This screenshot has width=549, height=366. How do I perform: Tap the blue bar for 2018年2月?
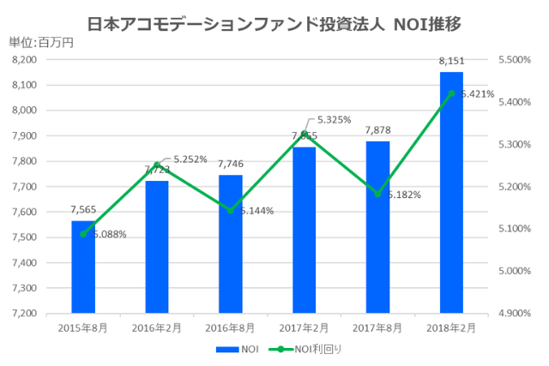click(451, 193)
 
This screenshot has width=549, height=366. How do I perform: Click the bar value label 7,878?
click(377, 130)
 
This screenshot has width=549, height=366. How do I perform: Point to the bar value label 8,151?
click(451, 61)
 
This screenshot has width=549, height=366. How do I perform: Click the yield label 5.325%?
click(334, 120)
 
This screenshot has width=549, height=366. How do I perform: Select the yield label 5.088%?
click(109, 234)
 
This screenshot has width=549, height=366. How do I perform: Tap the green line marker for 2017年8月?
click(377, 194)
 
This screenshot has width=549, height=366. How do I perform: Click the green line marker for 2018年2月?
click(451, 93)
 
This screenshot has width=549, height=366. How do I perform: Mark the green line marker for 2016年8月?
click(230, 210)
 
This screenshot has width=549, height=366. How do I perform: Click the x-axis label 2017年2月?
click(304, 328)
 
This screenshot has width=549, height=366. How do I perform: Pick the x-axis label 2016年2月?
click(157, 328)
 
